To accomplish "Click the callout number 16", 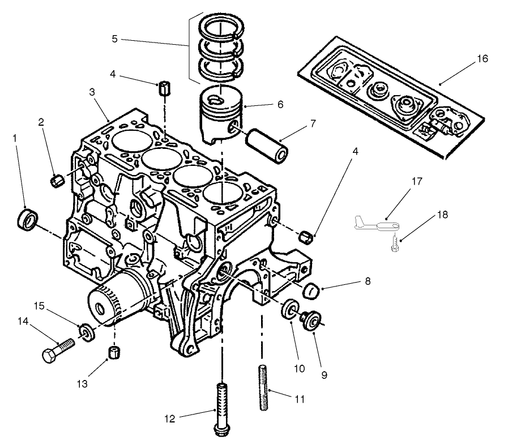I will (482, 59).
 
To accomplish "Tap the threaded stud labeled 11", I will (264, 389).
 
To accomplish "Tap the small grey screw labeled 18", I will (395, 246).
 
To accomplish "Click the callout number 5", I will (115, 40).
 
